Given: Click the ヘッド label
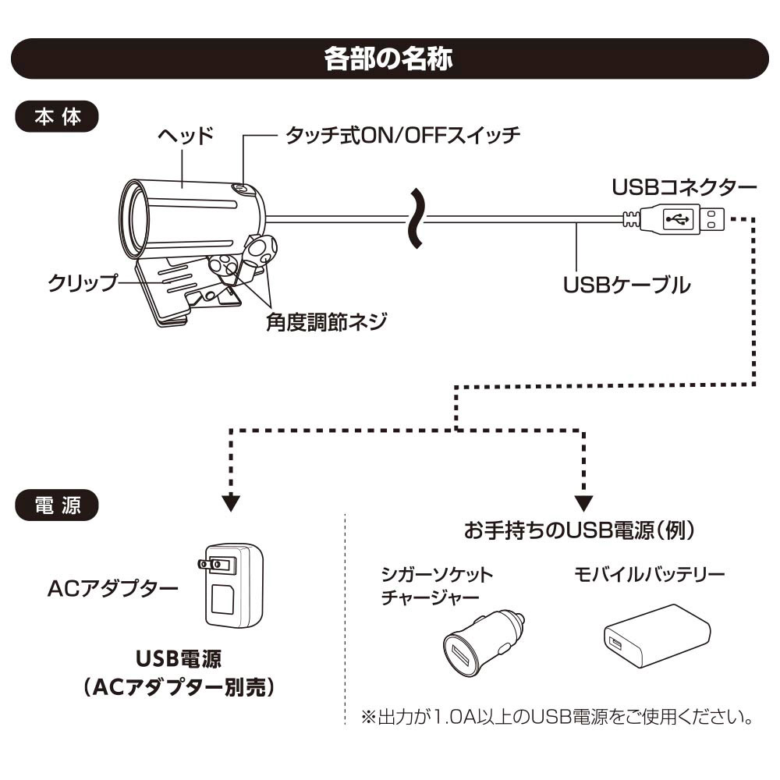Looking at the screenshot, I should click(x=185, y=135).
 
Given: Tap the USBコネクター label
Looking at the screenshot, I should click(x=684, y=188).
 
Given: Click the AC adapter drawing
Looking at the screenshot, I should click(x=233, y=586).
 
